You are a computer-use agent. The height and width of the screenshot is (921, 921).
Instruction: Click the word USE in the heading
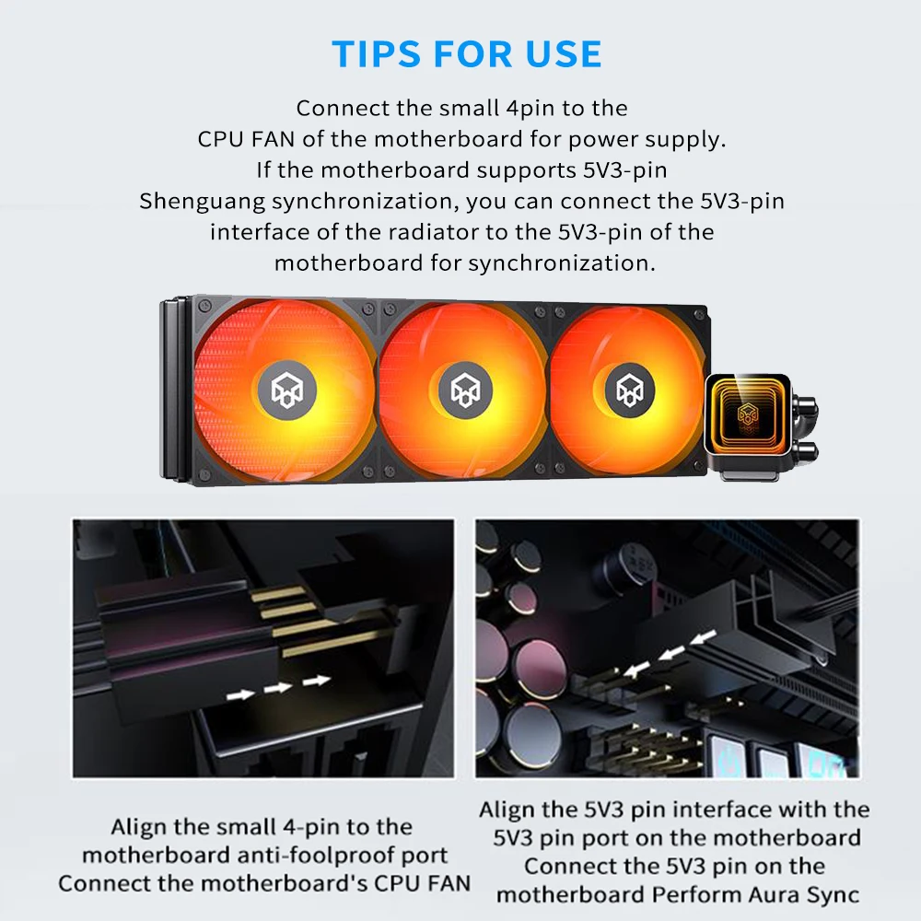(564, 54)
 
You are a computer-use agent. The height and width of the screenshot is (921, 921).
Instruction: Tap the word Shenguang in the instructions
(202, 202)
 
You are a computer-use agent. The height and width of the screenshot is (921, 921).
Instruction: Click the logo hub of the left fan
(287, 390)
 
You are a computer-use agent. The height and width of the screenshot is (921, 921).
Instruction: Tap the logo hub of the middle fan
(465, 390)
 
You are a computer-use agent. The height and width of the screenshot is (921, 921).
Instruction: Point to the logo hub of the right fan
(628, 389)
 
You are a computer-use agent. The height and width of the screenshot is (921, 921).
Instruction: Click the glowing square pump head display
(746, 415)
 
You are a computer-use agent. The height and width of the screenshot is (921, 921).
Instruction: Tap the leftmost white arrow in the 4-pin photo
(240, 694)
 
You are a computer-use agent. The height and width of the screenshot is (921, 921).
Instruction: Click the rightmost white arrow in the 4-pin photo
(316, 681)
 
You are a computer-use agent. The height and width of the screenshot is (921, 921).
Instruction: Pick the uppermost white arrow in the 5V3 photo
(703, 636)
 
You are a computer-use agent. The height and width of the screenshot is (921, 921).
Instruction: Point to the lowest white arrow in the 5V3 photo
(636, 669)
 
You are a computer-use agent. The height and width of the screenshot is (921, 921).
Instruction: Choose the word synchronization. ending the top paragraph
(562, 263)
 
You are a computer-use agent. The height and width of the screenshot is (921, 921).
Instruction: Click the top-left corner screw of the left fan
(205, 306)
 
